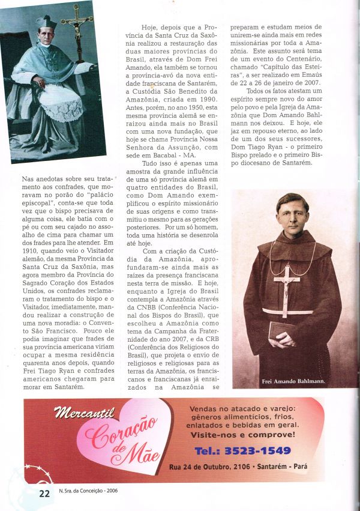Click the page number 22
44,494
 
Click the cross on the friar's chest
287,282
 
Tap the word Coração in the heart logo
120,433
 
